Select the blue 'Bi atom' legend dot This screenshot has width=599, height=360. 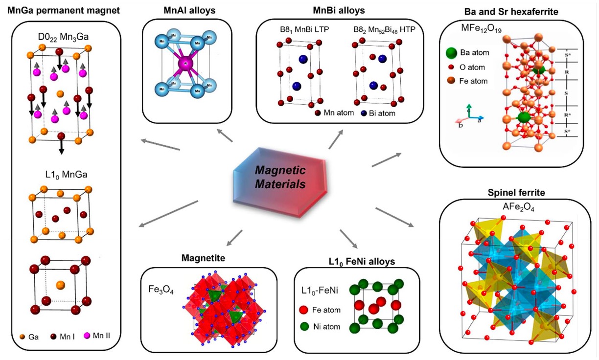(x=364, y=113)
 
